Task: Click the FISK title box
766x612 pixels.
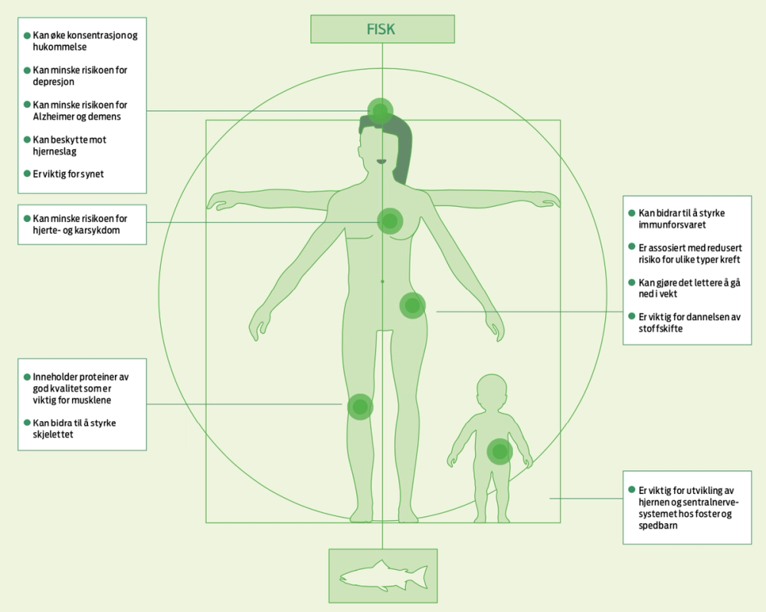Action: point(382,30)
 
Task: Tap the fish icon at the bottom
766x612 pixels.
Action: point(382,575)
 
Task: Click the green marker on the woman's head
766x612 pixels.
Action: point(381,112)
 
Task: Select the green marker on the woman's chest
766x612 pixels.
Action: point(390,221)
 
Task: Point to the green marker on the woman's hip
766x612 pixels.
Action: point(412,306)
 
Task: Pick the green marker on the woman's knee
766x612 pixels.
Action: point(359,406)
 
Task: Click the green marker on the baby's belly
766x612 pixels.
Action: point(499,451)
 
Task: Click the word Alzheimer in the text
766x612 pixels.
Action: point(56,117)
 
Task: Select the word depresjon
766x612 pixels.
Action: point(52,82)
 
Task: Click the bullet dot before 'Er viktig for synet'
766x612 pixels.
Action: point(27,175)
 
